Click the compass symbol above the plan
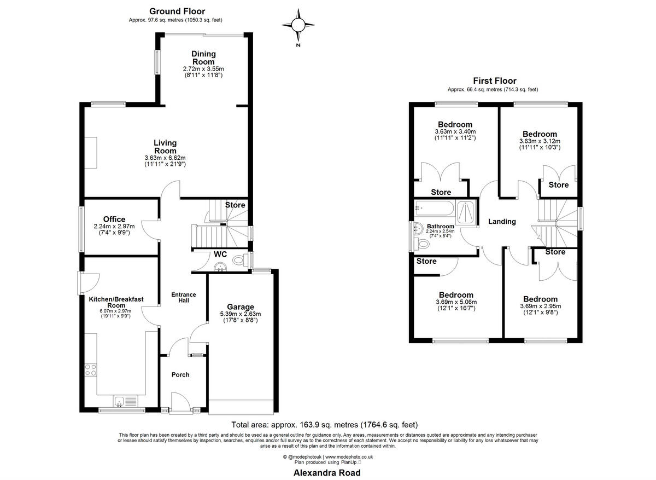pyautogui.click(x=298, y=25)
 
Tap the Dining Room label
pyautogui.click(x=203, y=57)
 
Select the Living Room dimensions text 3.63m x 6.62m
pyautogui.click(x=165, y=158)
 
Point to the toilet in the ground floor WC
pyautogui.click(x=238, y=261)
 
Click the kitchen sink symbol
pyautogui.click(x=119, y=402)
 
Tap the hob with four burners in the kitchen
pyautogui.click(x=91, y=369)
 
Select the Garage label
pyautogui.click(x=241, y=306)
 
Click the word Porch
pyautogui.click(x=180, y=375)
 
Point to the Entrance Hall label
pyautogui.click(x=183, y=298)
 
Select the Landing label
pyautogui.click(x=502, y=222)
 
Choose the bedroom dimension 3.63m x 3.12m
pyautogui.click(x=540, y=141)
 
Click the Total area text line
pyautogui.click(x=325, y=424)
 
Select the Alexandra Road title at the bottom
pyautogui.click(x=327, y=472)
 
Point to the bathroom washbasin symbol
pyautogui.click(x=419, y=228)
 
